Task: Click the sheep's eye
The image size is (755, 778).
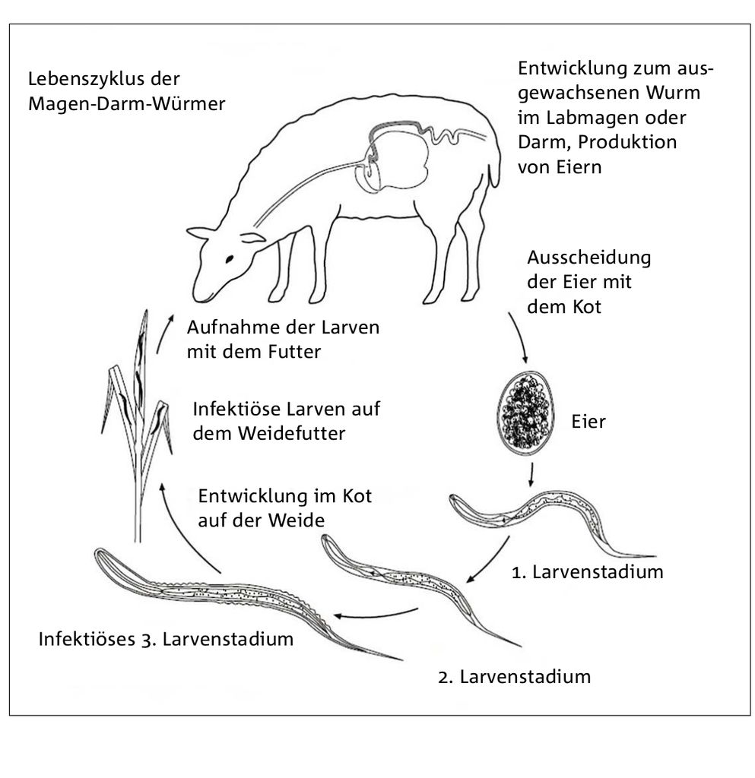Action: [x=230, y=259]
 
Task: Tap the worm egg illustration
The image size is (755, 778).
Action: [x=525, y=413]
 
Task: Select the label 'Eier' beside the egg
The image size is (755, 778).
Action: [x=588, y=422]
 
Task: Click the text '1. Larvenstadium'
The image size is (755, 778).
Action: [x=587, y=572]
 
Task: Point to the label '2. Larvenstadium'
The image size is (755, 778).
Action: [x=514, y=677]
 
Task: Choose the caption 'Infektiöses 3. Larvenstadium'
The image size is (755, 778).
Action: [x=166, y=639]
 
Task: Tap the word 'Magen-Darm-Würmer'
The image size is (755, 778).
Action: [x=126, y=103]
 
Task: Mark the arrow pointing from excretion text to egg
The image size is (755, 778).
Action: [x=519, y=337]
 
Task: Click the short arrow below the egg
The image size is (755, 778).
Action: [x=531, y=475]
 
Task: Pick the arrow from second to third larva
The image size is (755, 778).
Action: [x=376, y=614]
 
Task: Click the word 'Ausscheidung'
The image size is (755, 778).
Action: [x=588, y=258]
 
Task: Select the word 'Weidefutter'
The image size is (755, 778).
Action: [x=291, y=434]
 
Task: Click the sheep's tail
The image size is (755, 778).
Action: [x=494, y=175]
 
